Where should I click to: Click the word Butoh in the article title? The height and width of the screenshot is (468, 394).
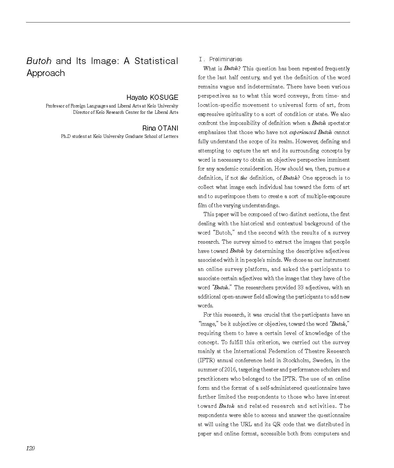39,61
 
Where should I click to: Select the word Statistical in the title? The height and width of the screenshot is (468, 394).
156,61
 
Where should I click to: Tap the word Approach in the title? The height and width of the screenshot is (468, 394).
46,73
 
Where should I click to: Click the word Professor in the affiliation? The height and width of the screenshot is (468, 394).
55,106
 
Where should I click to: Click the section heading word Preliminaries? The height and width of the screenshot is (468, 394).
225,59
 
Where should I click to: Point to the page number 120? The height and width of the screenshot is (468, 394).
30,448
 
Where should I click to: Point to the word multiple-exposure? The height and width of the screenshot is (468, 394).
328,196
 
